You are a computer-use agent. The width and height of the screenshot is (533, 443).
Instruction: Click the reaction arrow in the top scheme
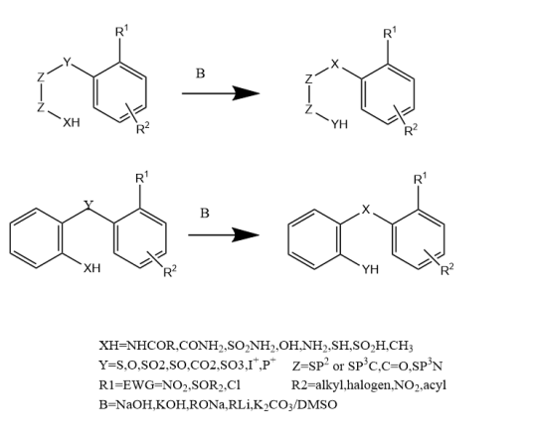pos(221,93)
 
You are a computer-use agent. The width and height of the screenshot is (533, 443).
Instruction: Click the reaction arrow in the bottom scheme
pos(224,234)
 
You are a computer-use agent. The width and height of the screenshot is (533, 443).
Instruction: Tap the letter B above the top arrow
pos(201,74)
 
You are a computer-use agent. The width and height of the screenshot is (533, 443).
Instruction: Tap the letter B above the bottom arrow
pos(205,214)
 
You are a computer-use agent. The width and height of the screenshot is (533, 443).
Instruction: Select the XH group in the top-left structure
pos(72,122)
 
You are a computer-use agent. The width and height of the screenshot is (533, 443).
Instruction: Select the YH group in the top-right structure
pos(339,124)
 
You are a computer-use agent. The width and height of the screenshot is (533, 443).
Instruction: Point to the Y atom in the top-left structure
pos(68,63)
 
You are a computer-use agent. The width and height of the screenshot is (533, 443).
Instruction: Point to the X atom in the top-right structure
pos(335,64)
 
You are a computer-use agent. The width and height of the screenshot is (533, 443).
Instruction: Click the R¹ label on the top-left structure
pos(121,32)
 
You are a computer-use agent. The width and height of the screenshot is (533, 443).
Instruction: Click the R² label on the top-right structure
pos(411,130)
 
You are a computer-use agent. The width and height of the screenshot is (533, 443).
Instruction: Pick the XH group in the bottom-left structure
pos(92,268)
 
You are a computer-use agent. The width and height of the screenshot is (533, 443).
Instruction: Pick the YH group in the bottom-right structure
pos(370,269)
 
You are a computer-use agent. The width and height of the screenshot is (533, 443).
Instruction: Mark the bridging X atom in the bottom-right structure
pos(365,210)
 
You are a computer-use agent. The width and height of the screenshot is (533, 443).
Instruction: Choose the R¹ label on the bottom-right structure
pos(421,179)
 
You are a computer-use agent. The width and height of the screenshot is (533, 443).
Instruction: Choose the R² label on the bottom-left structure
pos(170,271)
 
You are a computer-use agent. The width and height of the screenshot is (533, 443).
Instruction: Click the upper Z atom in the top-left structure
pos(41,77)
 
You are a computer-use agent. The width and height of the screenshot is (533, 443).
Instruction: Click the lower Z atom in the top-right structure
pos(308,109)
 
